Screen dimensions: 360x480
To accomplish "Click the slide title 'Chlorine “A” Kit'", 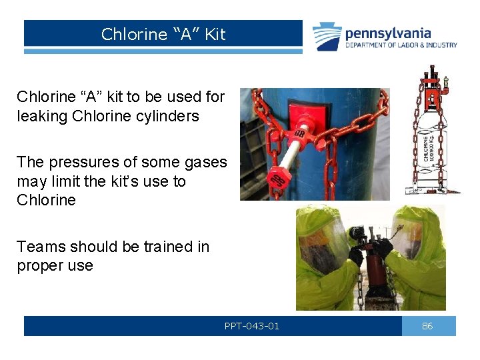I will (x=163, y=34).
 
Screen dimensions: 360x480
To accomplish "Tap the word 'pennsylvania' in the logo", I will (x=388, y=33).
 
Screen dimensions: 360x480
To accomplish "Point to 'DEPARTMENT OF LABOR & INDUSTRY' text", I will (x=401, y=45).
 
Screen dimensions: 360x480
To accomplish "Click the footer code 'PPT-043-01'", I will (x=252, y=326).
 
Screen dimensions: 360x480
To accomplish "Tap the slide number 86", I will (x=428, y=326).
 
